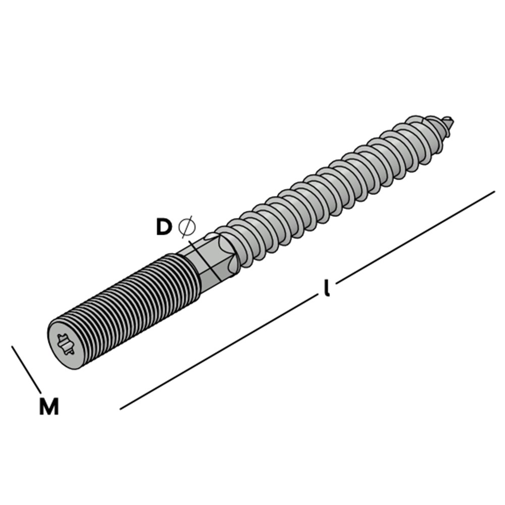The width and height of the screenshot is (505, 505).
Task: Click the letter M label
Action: click(49, 407)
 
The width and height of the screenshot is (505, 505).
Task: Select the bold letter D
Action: click(164, 227)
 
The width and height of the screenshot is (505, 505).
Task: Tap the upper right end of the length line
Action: click(492, 192)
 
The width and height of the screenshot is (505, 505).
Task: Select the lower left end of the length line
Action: click(121, 409)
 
